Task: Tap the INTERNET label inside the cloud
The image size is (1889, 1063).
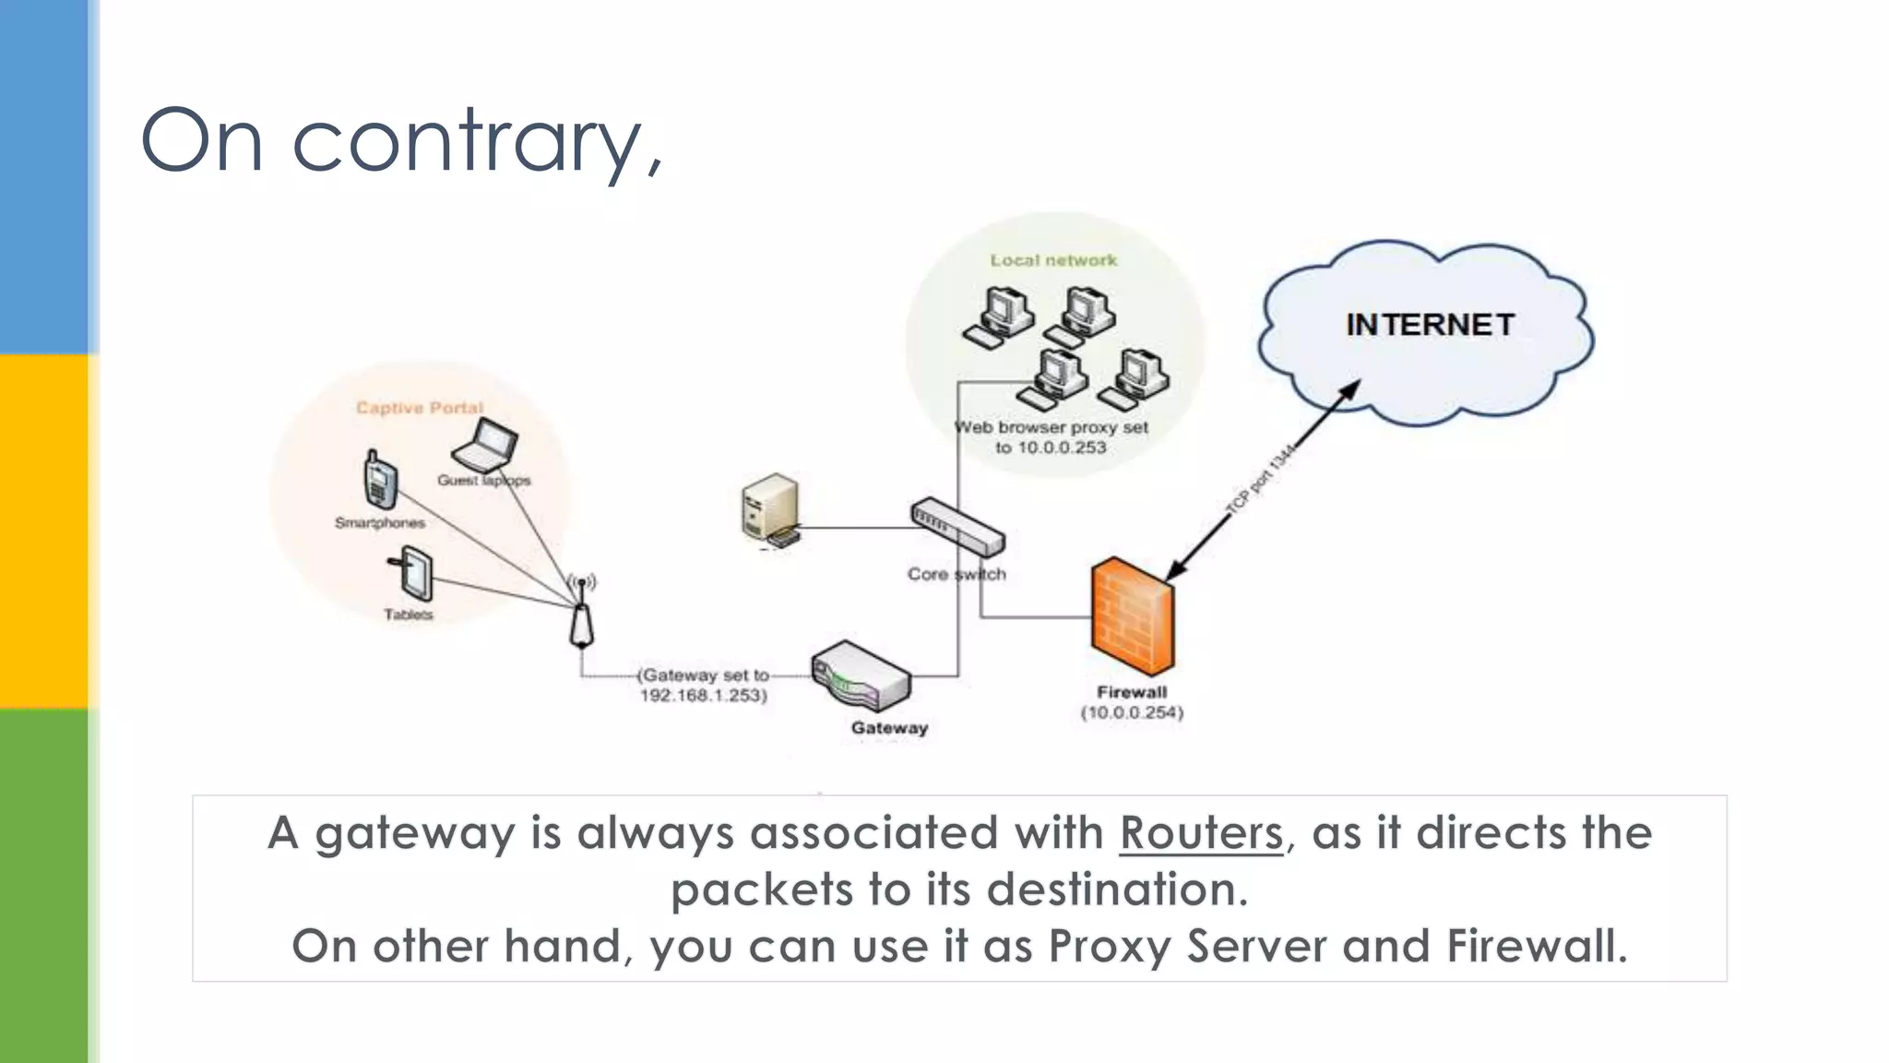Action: pyautogui.click(x=1430, y=325)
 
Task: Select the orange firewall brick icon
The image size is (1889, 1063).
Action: pyautogui.click(x=1133, y=615)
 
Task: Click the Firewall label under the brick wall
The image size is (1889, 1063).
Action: pyautogui.click(x=1132, y=692)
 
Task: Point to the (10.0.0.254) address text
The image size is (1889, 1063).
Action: pyautogui.click(x=1132, y=712)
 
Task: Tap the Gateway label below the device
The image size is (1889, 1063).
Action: pyautogui.click(x=889, y=728)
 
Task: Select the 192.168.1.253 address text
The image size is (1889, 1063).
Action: pyautogui.click(x=703, y=696)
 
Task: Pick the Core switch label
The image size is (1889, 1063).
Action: pyautogui.click(x=956, y=574)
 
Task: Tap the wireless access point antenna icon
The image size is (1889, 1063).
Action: pyautogui.click(x=581, y=614)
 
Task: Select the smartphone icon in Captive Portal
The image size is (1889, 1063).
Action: pyautogui.click(x=379, y=480)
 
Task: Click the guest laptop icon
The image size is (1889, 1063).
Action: pyautogui.click(x=485, y=446)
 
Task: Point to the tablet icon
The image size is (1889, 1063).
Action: pyautogui.click(x=414, y=574)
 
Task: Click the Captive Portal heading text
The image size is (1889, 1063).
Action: pyautogui.click(x=420, y=408)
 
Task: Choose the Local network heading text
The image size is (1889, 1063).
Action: pyautogui.click(x=1053, y=260)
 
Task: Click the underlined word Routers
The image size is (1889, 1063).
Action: pyautogui.click(x=1201, y=832)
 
